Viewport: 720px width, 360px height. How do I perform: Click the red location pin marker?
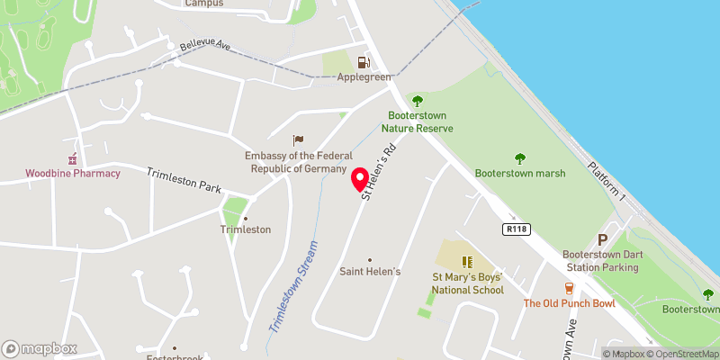(x=357, y=178)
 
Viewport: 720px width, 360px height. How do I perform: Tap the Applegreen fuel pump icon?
(x=364, y=62)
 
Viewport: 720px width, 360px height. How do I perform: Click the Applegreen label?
(x=364, y=77)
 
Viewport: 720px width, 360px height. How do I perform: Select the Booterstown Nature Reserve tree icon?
(x=416, y=101)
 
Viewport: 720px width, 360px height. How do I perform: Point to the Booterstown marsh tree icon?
(x=519, y=158)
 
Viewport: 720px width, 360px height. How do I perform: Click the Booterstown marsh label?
(x=520, y=174)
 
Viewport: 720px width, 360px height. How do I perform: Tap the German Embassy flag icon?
(x=299, y=139)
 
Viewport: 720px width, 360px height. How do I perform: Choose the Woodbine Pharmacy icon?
(x=74, y=157)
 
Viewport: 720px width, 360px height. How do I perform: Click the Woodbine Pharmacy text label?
(x=73, y=173)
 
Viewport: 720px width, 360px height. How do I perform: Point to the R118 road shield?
(x=514, y=229)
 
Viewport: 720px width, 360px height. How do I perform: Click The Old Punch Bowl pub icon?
(x=569, y=288)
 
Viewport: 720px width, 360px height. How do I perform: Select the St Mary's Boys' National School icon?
(x=467, y=262)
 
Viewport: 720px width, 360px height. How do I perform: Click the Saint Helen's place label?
(x=370, y=271)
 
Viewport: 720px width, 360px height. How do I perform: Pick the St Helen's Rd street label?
(x=378, y=169)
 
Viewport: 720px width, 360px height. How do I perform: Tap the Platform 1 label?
(x=606, y=180)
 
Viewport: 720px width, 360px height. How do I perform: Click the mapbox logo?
(x=40, y=348)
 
